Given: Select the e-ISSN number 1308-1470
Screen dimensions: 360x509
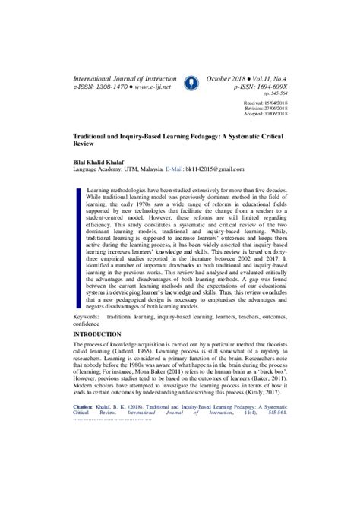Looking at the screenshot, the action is (111, 88).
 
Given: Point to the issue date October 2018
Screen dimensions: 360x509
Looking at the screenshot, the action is (229, 79).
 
